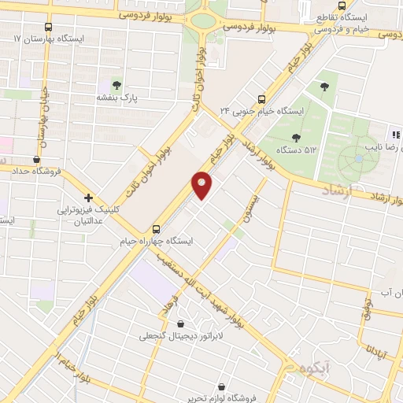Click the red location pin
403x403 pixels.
click(202, 184)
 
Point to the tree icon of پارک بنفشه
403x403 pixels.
click(117, 83)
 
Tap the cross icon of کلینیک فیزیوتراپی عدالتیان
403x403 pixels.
click(89, 198)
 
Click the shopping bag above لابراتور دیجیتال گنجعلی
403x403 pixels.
click(182, 324)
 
